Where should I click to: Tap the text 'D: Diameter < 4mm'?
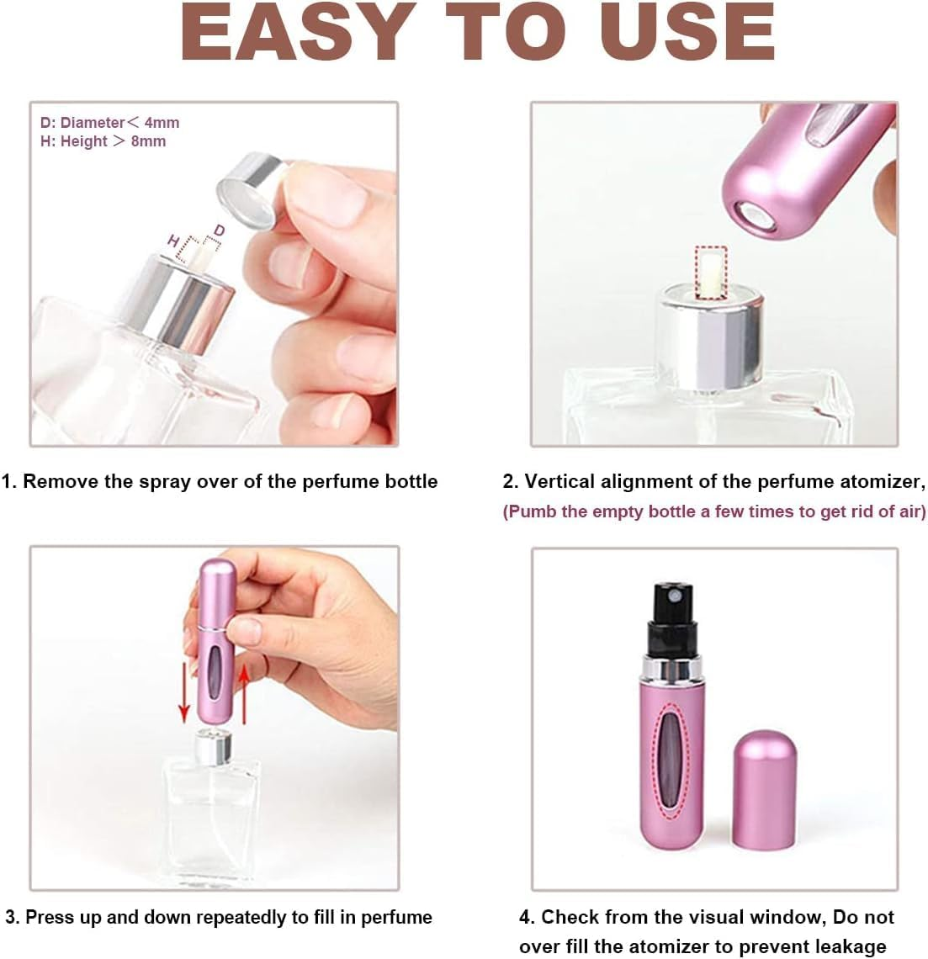[x=110, y=123]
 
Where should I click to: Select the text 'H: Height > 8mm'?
[x=103, y=141]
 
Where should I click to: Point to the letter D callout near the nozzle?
[x=220, y=230]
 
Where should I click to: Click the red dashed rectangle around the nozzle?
[x=712, y=273]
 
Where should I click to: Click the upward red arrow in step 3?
[x=244, y=692]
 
